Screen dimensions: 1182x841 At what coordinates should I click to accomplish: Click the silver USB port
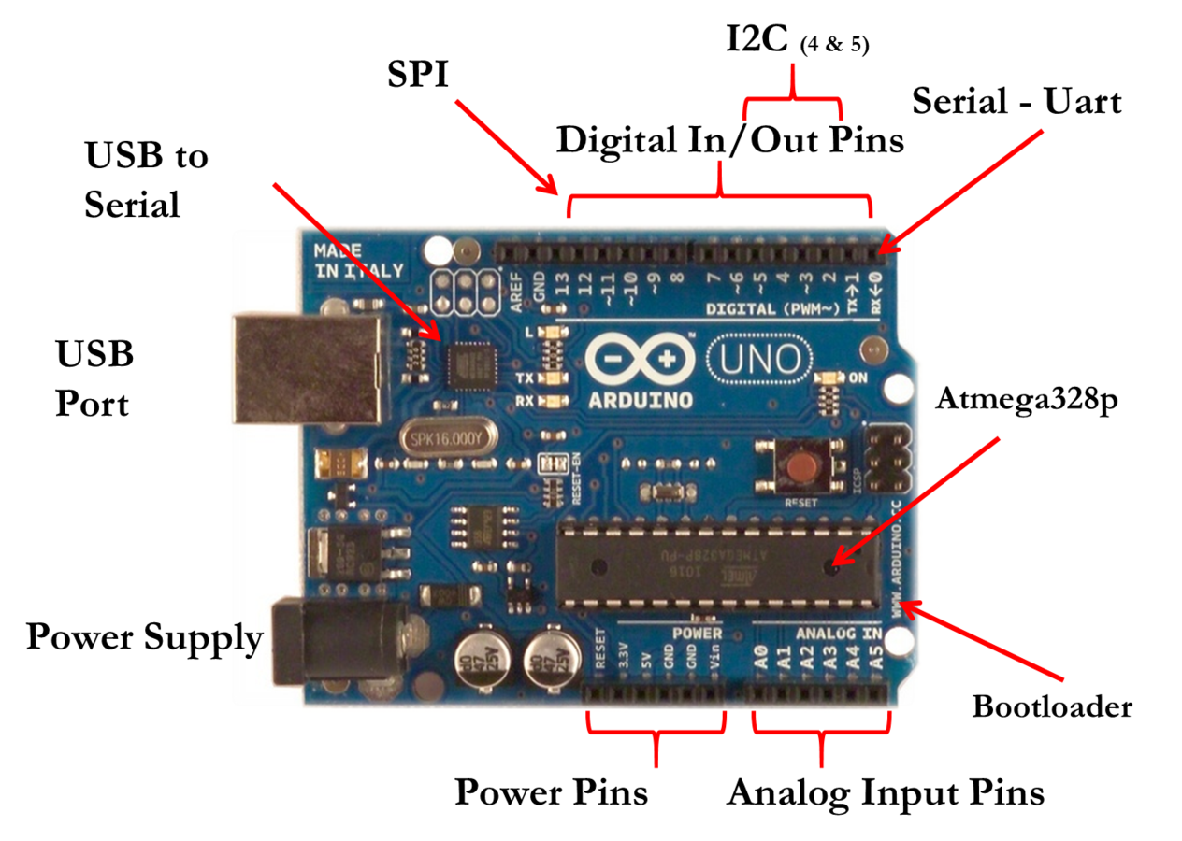click(309, 367)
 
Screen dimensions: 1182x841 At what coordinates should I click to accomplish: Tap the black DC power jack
click(337, 643)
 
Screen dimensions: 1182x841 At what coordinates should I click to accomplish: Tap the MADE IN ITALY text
click(358, 261)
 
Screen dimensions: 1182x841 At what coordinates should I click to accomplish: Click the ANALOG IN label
click(839, 634)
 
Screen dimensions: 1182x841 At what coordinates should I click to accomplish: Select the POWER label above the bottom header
click(697, 634)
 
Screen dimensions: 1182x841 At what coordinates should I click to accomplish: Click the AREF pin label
click(515, 285)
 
